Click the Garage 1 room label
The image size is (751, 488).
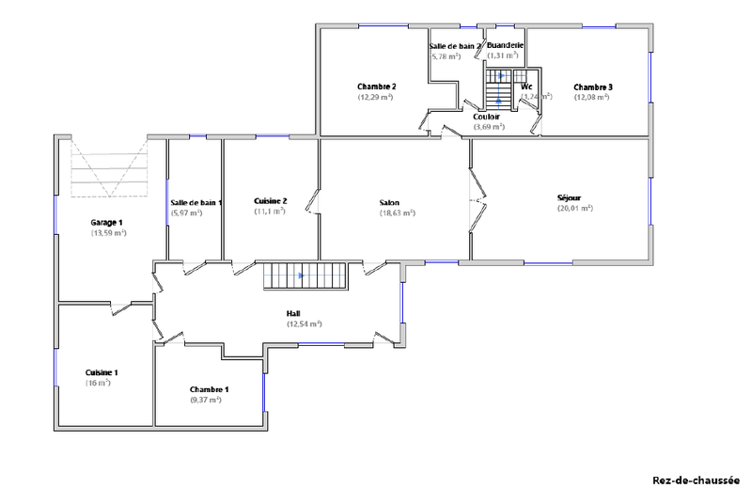[107, 223]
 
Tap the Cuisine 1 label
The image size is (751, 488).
[102, 372]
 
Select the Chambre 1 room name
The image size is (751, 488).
[209, 389]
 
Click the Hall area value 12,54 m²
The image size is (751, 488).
[304, 323]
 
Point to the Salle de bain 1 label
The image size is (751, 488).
[196, 203]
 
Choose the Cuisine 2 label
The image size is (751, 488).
[271, 201]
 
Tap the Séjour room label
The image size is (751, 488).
[570, 198]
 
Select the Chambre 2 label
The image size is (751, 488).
[375, 87]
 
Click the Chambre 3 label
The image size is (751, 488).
[592, 87]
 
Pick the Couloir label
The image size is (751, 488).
[486, 117]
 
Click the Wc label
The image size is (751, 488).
[526, 87]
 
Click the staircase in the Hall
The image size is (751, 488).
[305, 276]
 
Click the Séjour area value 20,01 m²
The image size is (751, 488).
[574, 209]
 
